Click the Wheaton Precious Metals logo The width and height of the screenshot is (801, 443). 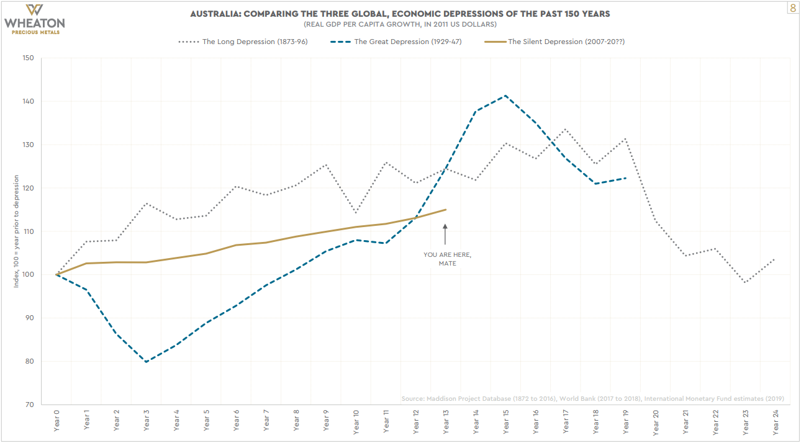click(x=34, y=19)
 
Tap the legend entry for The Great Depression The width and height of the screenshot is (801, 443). click(x=398, y=42)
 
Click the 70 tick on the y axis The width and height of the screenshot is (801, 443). click(x=29, y=405)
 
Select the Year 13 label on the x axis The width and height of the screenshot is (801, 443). click(x=446, y=421)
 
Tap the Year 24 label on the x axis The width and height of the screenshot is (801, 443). click(x=776, y=421)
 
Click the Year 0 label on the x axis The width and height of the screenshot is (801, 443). click(x=57, y=421)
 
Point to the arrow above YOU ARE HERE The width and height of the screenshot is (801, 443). click(x=445, y=235)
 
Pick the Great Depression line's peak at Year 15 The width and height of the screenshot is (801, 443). click(x=505, y=96)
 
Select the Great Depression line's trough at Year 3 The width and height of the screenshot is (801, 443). click(x=146, y=362)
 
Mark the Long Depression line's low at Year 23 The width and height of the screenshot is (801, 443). click(x=745, y=282)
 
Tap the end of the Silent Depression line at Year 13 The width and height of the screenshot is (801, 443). click(x=446, y=210)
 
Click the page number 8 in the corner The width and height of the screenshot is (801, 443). click(x=792, y=8)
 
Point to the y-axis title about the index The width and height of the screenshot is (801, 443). click(x=17, y=231)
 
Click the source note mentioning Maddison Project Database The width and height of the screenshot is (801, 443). click(x=592, y=398)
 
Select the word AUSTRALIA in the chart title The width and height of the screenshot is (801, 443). click(x=218, y=14)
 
